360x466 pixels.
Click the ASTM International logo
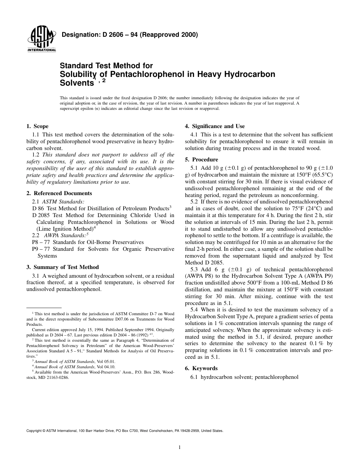(41, 39)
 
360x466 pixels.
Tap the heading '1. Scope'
(37, 127)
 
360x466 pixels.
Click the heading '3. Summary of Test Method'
(63, 267)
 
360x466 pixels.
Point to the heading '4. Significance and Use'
(214, 127)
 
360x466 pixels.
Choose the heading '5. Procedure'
(201, 160)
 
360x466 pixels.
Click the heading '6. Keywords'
(201, 368)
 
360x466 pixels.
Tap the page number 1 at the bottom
(180, 447)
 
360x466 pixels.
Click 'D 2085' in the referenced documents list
(41, 215)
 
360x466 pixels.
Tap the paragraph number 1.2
(36, 155)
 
